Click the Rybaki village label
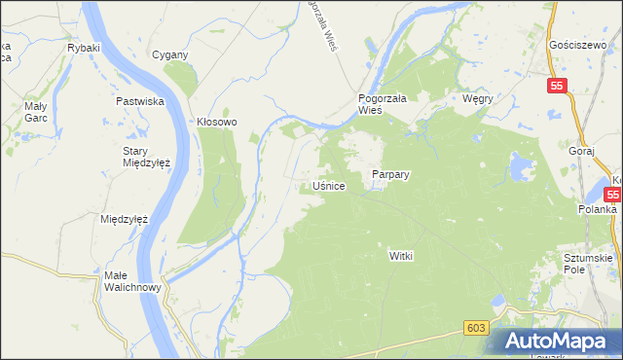[x=82, y=47]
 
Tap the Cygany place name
[x=169, y=54]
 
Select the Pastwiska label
[x=138, y=101]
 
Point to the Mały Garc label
[x=36, y=112]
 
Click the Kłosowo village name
[x=217, y=123]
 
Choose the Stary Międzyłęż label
[x=146, y=157]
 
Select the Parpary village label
[x=390, y=175]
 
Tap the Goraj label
[x=580, y=153]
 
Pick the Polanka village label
[x=596, y=209]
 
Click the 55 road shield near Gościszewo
[x=556, y=86]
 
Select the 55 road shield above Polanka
[x=615, y=194]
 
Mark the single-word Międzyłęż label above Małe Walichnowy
[x=124, y=219]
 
